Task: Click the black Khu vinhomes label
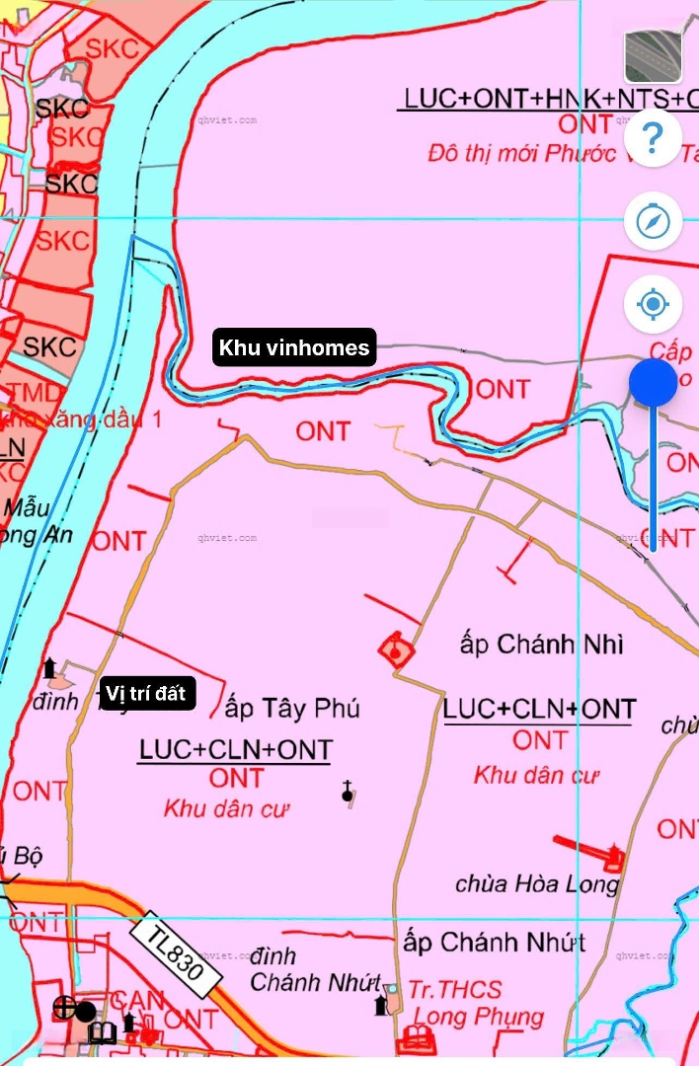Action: pyautogui.click(x=294, y=347)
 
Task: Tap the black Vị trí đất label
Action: pyautogui.click(x=144, y=693)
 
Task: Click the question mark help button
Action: pyautogui.click(x=653, y=139)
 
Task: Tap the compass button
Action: pyautogui.click(x=653, y=222)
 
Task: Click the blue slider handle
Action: pyautogui.click(x=653, y=383)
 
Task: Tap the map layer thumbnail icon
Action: pyautogui.click(x=653, y=56)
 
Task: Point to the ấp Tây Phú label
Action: pyautogui.click(x=292, y=709)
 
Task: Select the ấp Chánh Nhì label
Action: pyautogui.click(x=541, y=645)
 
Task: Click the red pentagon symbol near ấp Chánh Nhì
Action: pyautogui.click(x=396, y=650)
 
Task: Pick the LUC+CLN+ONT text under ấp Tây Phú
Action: pyautogui.click(x=235, y=750)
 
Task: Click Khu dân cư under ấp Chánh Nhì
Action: pyautogui.click(x=536, y=775)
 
